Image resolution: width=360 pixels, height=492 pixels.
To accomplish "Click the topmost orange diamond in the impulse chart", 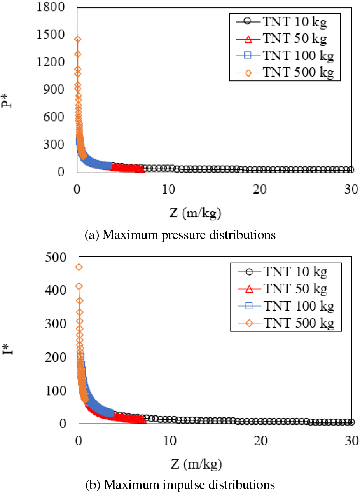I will (79, 267).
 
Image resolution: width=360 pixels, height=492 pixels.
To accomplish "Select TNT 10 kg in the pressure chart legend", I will (294, 22).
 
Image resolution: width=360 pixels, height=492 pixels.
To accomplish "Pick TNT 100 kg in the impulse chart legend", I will (299, 306).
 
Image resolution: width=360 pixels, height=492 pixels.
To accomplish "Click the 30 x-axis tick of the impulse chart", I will (351, 442).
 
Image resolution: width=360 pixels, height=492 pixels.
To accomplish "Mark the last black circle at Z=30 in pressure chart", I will (351, 169).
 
